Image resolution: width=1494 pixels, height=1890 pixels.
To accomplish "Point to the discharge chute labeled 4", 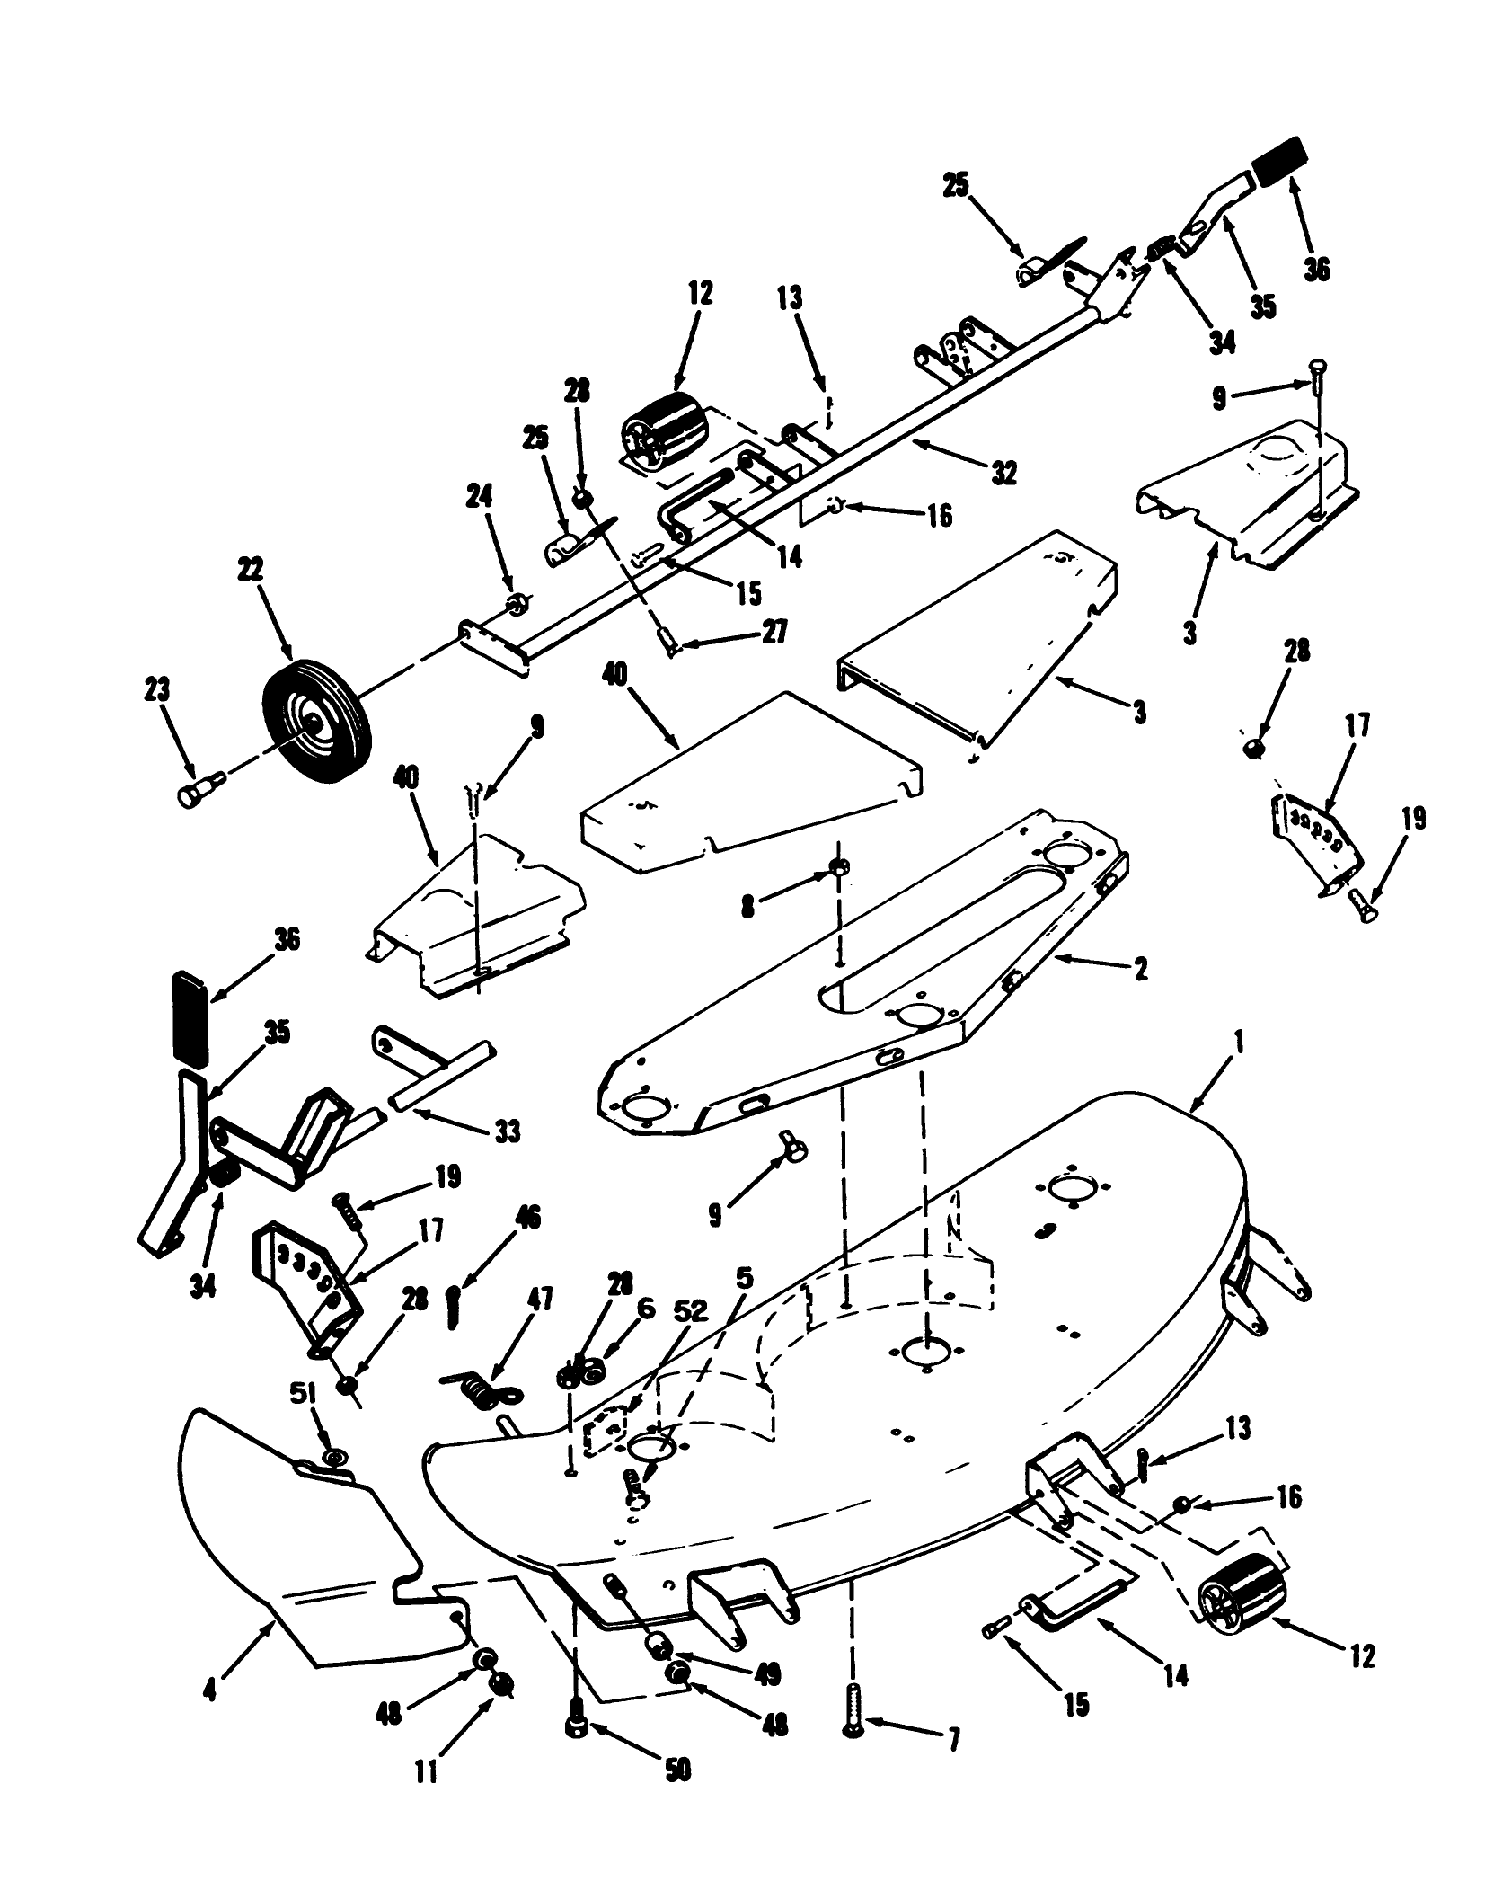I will pos(296,1546).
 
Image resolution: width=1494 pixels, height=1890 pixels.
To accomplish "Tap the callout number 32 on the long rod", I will pos(1003,473).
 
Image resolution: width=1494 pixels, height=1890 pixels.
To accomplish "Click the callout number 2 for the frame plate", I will pos(1140,972).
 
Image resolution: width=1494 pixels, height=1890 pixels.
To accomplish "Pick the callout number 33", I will pos(507,1131).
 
